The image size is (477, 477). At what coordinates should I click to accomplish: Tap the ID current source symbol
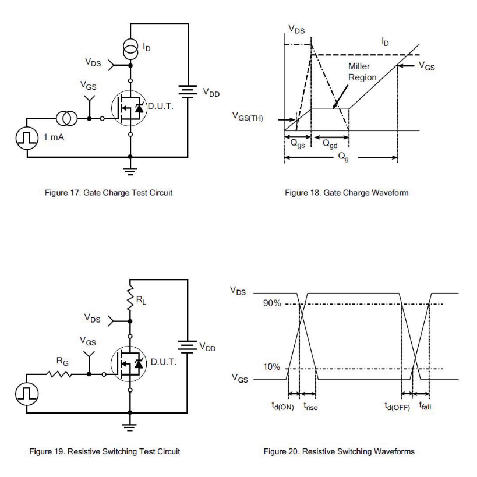click(x=130, y=48)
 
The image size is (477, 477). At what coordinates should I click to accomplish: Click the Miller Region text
click(x=362, y=72)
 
